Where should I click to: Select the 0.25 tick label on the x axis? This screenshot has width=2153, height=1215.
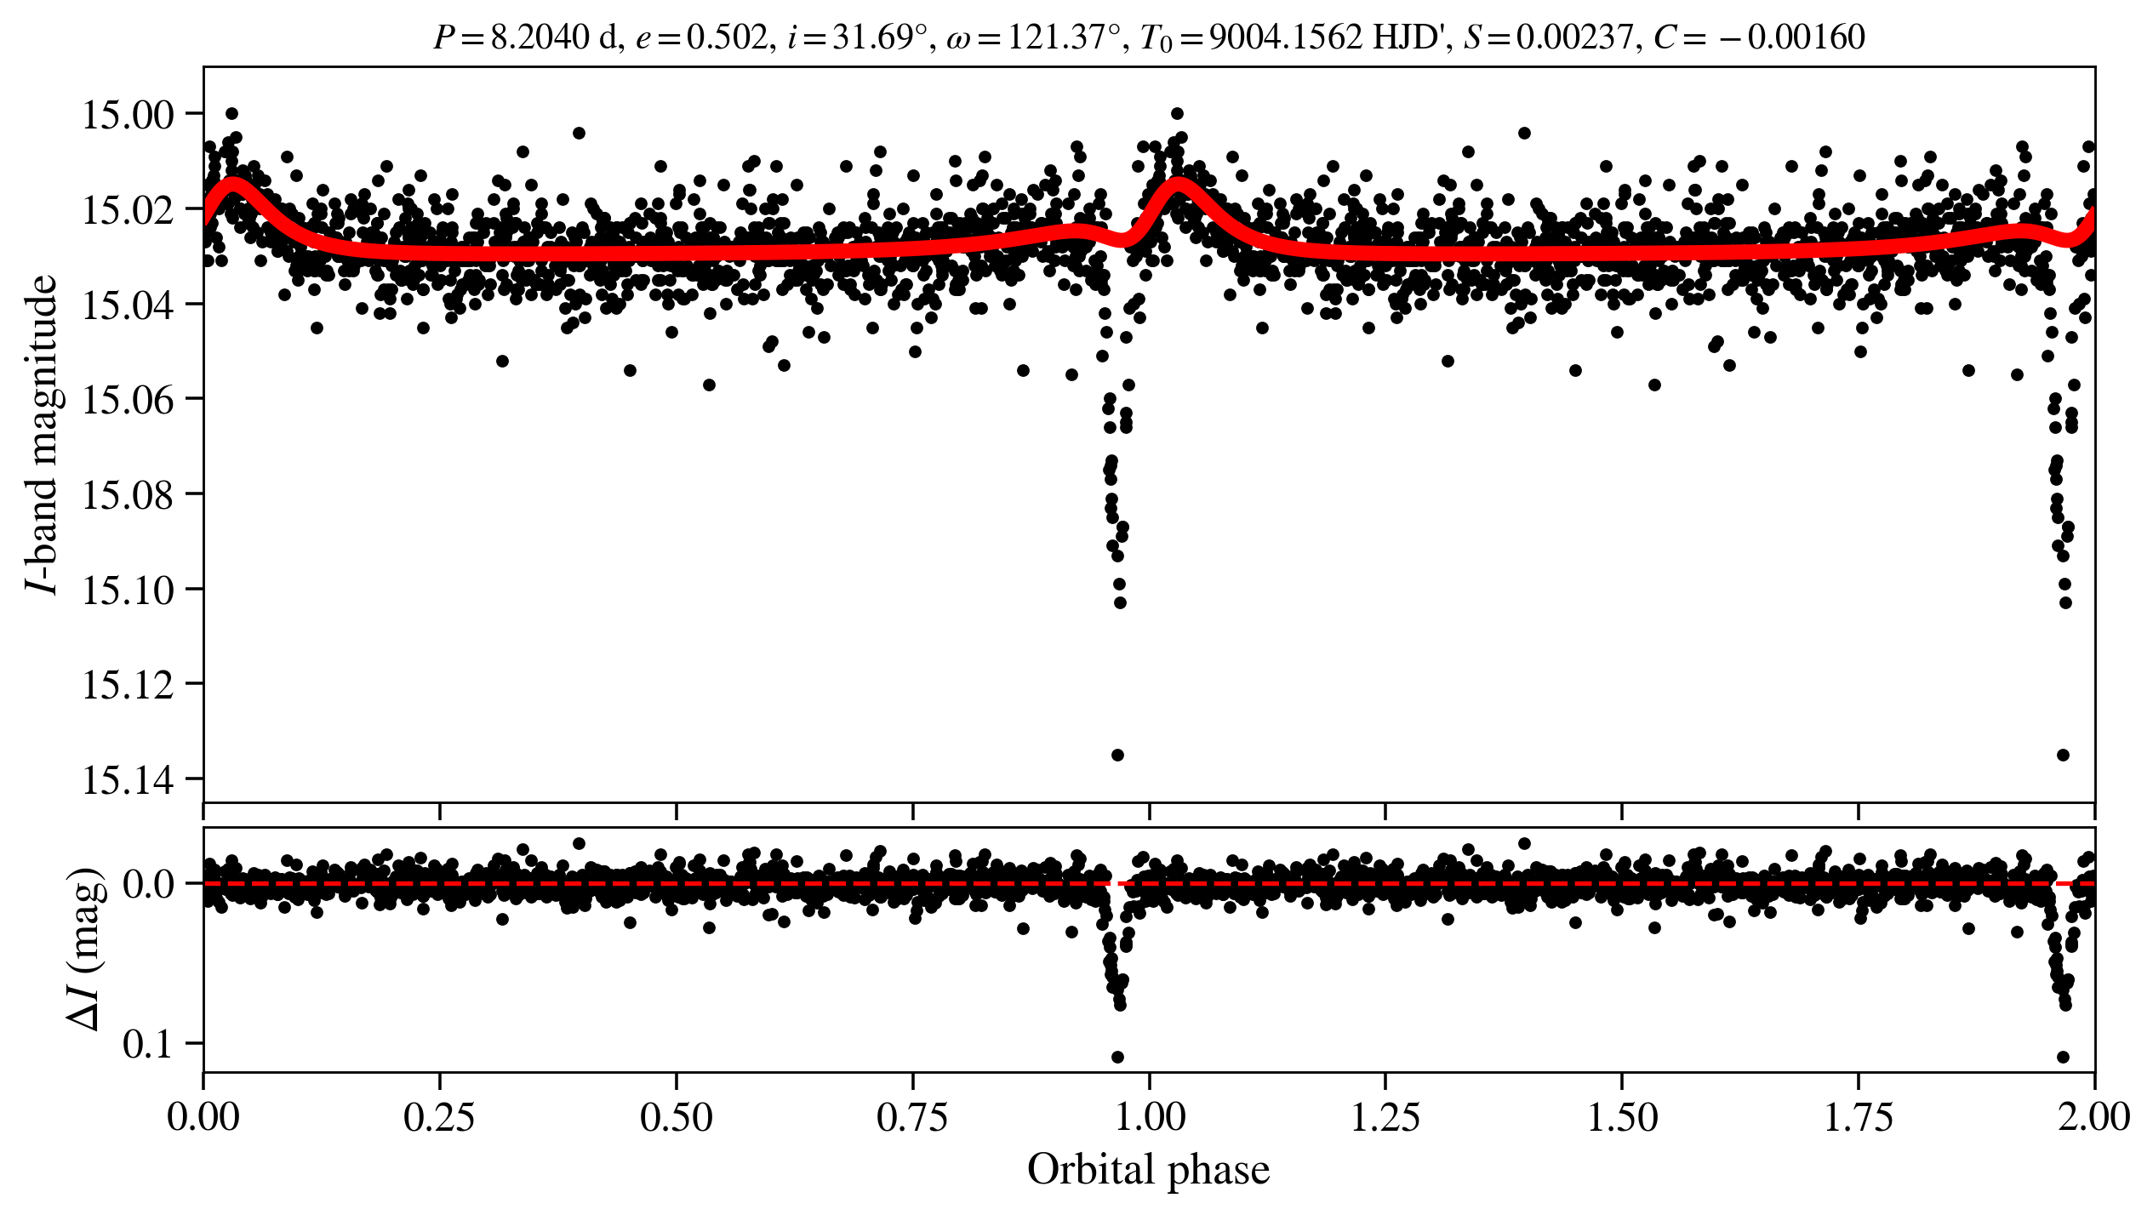coord(439,1117)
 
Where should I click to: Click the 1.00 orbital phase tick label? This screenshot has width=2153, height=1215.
coord(1150,1117)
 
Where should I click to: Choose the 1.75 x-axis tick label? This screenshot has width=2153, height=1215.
coord(1859,1117)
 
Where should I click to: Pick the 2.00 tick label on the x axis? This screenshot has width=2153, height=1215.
coord(2094,1117)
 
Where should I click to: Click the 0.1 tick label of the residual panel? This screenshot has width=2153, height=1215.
coord(148,1044)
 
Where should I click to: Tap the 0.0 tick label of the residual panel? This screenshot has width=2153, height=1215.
coord(148,885)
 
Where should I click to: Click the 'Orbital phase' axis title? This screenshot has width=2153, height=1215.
coord(1148,1170)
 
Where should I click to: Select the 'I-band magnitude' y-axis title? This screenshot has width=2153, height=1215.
coord(43,435)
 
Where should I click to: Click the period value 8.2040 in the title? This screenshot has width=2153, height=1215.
coord(540,37)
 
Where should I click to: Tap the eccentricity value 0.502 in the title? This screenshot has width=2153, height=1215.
coord(727,37)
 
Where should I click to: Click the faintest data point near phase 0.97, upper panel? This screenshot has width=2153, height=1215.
coord(1117,755)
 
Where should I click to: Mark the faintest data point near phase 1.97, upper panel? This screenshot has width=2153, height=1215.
coord(2063,755)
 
